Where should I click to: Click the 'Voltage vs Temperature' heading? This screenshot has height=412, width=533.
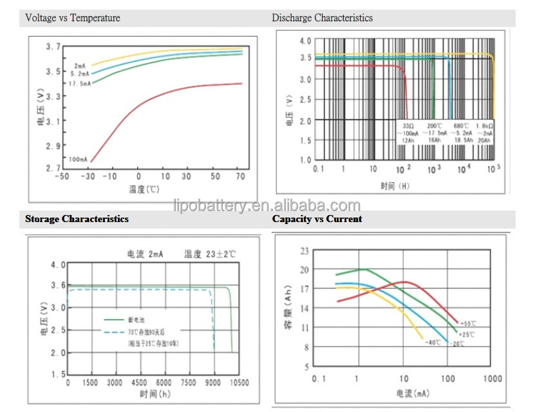(73, 18)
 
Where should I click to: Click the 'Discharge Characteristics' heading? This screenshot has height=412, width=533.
(322, 18)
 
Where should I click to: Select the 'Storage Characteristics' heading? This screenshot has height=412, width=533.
(77, 219)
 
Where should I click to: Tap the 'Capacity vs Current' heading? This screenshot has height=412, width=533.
(317, 219)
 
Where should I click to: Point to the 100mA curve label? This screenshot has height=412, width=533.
(77, 158)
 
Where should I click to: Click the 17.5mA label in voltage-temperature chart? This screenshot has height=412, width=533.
(80, 83)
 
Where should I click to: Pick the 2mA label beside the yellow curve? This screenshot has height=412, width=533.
(80, 66)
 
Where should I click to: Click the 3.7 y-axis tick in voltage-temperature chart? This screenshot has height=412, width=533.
(53, 47)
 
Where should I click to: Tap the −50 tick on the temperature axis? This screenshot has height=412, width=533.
(61, 176)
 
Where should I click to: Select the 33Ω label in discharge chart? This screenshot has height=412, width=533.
(407, 126)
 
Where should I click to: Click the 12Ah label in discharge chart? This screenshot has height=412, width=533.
(407, 140)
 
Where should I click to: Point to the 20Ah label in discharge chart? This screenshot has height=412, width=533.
(484, 140)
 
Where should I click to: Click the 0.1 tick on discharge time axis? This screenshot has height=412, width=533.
(317, 169)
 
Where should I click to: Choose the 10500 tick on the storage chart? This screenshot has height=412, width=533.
(239, 382)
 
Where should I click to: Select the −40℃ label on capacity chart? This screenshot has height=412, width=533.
(432, 342)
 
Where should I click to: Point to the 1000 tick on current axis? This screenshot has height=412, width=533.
(492, 379)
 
